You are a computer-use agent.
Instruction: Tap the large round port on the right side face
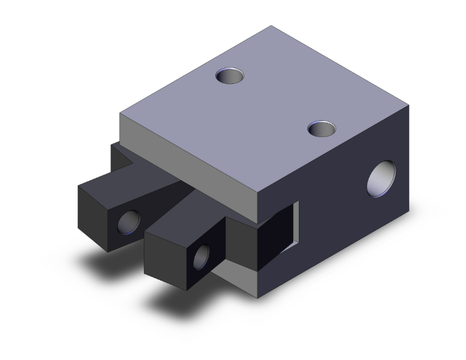click(383, 178)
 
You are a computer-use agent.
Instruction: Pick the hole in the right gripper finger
click(202, 257)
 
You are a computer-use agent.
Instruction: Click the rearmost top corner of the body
click(272, 26)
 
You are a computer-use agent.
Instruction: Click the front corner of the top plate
click(259, 195)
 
